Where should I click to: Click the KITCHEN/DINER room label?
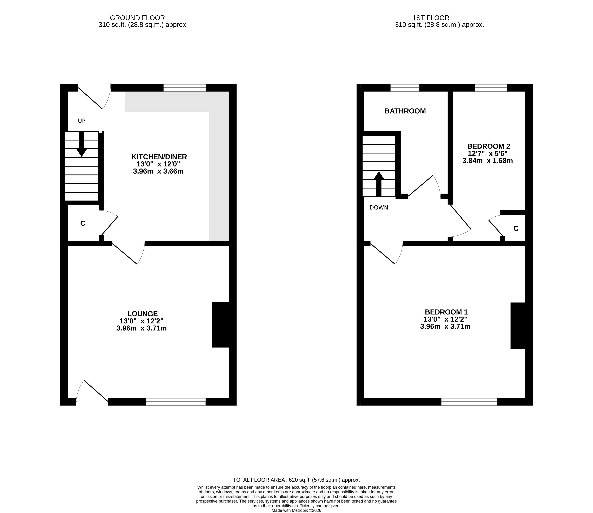point(159,157)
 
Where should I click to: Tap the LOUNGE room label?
point(143,314)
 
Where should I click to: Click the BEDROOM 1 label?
point(446,312)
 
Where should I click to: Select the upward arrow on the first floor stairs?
point(379,184)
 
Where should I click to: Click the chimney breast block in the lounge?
point(221,325)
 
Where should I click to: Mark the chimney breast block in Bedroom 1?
point(518,326)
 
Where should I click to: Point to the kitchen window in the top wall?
point(185,88)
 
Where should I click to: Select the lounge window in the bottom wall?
point(176,402)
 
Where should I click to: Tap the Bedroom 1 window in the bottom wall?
point(469,402)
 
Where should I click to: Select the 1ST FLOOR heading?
point(431,18)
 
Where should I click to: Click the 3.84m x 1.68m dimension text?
point(488,161)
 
